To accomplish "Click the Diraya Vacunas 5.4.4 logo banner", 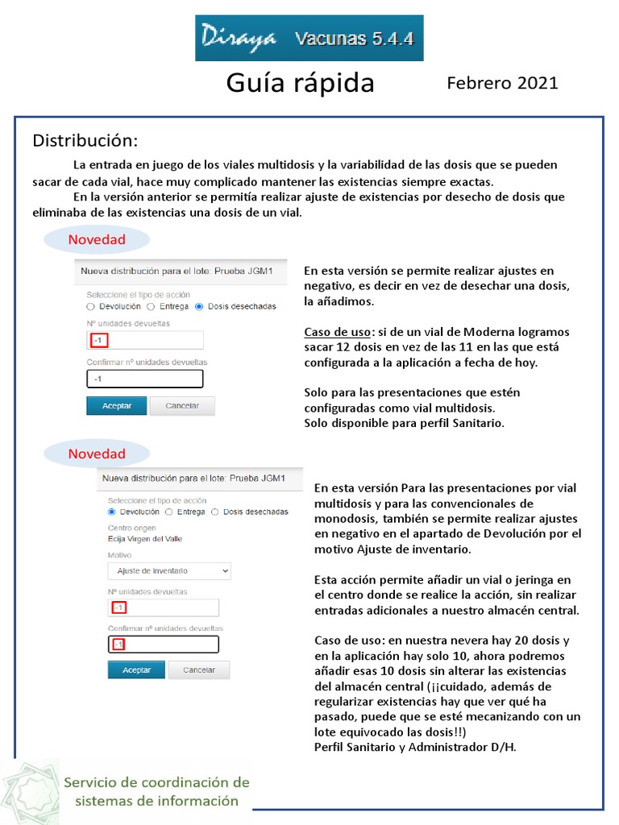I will click(x=309, y=39).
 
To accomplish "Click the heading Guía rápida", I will click(x=300, y=83).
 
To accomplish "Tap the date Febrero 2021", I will click(x=502, y=83).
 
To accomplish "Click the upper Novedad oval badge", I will click(x=97, y=239).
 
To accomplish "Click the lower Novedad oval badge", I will click(x=97, y=454).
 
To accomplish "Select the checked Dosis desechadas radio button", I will click(x=199, y=306).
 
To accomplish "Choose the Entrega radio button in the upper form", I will click(x=151, y=306).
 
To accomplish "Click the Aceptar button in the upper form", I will click(x=116, y=405).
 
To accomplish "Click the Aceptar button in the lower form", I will click(x=136, y=670).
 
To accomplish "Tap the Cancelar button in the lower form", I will click(x=199, y=670).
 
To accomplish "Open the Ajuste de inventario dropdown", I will click(x=169, y=570).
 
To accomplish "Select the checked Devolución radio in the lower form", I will click(x=112, y=512).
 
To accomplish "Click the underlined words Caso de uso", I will click(x=338, y=332).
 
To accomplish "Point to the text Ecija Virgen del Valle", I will click(x=149, y=538).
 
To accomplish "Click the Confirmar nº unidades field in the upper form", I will click(x=145, y=379).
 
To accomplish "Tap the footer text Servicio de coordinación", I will click(x=156, y=782).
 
